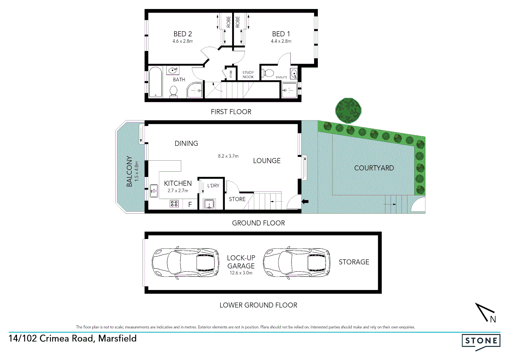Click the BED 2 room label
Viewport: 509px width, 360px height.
tap(183, 34)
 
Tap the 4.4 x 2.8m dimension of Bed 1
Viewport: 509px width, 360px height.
tap(281, 41)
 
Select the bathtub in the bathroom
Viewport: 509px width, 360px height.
tap(155, 82)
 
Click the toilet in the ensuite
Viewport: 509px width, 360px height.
tap(268, 73)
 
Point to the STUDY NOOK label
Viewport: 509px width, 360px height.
tap(248, 75)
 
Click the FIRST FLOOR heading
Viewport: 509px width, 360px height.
tap(231, 112)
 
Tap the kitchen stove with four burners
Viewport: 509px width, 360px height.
tap(174, 204)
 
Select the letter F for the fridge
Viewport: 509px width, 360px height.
tap(190, 204)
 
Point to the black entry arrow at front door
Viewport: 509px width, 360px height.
tap(305, 201)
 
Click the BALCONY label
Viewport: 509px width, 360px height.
tap(129, 171)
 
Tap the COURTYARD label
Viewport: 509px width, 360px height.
tap(374, 168)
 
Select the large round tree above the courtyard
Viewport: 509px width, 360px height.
tap(348, 110)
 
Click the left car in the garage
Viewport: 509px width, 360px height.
tap(185, 263)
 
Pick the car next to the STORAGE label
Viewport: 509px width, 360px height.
tap(296, 263)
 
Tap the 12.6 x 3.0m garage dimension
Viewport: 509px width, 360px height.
tap(241, 273)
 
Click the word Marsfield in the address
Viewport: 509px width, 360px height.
tap(117, 338)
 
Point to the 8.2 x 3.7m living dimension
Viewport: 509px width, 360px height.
tap(228, 156)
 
